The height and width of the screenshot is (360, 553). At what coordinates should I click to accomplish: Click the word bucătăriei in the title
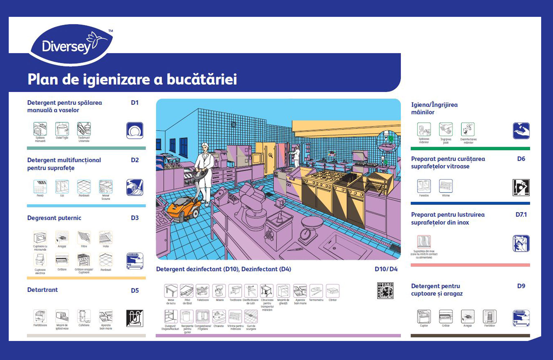click(x=202, y=79)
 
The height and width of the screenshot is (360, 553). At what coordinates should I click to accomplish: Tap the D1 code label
click(x=135, y=103)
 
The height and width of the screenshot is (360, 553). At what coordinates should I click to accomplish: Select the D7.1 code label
click(x=521, y=215)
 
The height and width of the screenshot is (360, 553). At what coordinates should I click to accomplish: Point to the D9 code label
click(x=521, y=286)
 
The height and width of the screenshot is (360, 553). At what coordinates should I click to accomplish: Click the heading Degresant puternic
click(x=54, y=218)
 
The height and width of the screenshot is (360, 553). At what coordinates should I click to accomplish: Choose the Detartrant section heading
click(x=42, y=290)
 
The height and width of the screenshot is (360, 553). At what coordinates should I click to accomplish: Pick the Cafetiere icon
click(x=84, y=316)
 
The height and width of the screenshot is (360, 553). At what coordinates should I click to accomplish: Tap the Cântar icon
click(x=333, y=291)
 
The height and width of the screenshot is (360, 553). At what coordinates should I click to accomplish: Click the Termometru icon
click(x=316, y=291)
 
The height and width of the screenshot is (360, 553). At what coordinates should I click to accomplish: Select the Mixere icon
click(x=219, y=291)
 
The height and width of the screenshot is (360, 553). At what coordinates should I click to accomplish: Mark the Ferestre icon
click(x=424, y=186)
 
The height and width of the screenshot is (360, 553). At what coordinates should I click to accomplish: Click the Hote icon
click(x=106, y=237)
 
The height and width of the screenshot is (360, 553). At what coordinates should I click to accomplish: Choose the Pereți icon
click(x=40, y=187)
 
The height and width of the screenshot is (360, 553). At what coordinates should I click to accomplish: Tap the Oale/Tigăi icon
click(x=62, y=129)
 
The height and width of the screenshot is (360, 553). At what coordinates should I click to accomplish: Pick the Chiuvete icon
click(x=219, y=317)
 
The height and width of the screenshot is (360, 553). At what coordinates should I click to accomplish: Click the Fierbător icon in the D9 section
click(x=489, y=317)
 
